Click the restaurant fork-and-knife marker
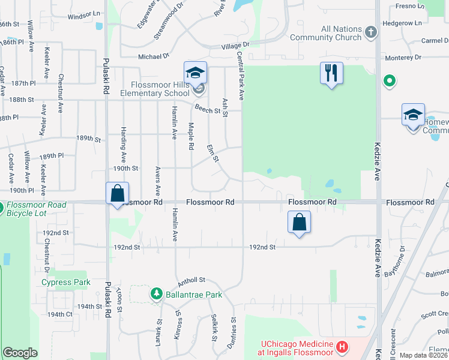[331, 73]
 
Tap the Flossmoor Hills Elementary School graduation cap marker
[195, 73]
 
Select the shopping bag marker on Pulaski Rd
[117, 194]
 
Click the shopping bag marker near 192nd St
[299, 223]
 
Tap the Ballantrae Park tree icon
[157, 294]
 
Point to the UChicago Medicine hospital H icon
[342, 347]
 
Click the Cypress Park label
[65, 282]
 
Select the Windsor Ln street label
[84, 14]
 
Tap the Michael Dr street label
[154, 56]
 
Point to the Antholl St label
[191, 280]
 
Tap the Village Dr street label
[235, 46]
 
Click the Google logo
[20, 353]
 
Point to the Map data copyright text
[423, 355]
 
